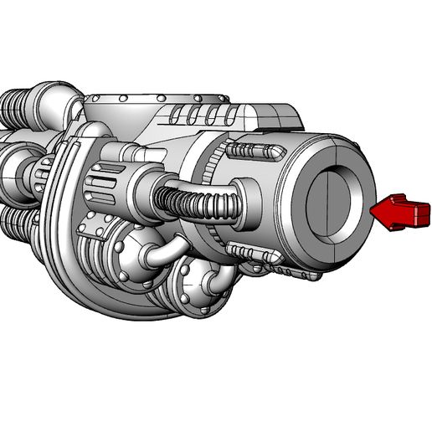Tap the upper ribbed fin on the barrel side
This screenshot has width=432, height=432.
click(x=251, y=151)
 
